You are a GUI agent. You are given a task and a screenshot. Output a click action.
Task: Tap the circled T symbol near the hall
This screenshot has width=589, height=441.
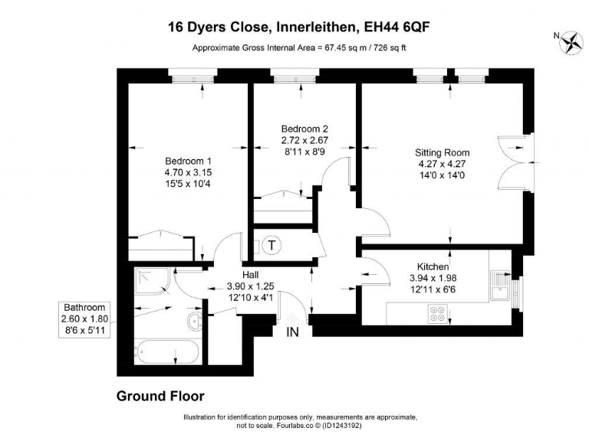271,246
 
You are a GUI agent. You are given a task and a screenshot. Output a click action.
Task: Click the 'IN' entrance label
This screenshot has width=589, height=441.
293,332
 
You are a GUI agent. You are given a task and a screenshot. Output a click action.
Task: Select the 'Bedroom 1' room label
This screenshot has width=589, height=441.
188,162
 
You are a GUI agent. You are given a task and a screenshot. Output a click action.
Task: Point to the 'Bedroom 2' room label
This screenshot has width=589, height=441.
304,129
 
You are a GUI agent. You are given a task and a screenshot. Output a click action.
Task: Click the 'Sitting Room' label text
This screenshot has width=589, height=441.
442,152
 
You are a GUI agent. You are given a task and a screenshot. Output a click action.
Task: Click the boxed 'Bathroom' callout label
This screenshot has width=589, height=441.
84,307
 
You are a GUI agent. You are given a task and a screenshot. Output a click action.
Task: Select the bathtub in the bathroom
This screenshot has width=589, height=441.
166,353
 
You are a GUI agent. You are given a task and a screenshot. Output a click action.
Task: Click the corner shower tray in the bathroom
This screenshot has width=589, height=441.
153,281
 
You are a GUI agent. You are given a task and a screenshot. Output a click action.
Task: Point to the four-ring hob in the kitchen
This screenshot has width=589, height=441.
438,314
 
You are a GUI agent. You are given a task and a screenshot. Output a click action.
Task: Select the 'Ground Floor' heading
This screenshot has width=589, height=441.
160,396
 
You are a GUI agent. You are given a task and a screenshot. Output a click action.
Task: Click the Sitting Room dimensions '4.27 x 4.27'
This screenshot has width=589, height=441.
442,163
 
